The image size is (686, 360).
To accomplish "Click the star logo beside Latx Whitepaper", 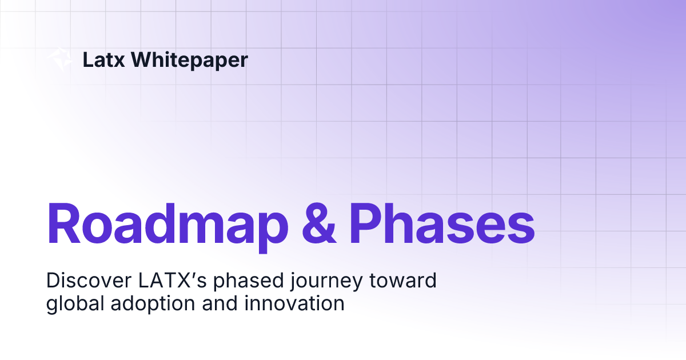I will (58, 60).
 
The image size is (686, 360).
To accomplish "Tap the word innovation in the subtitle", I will (294, 303).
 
